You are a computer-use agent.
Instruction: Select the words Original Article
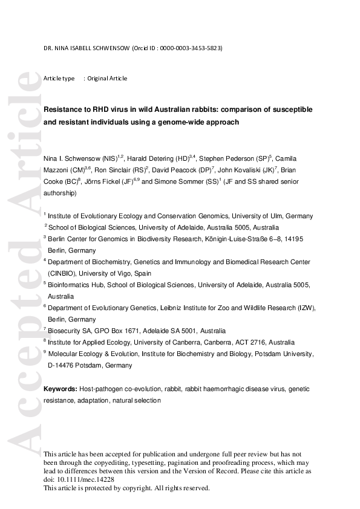[x=107, y=79]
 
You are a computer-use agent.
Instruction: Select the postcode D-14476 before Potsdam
[x=62, y=365]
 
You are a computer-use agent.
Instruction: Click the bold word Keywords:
[x=61, y=389]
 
